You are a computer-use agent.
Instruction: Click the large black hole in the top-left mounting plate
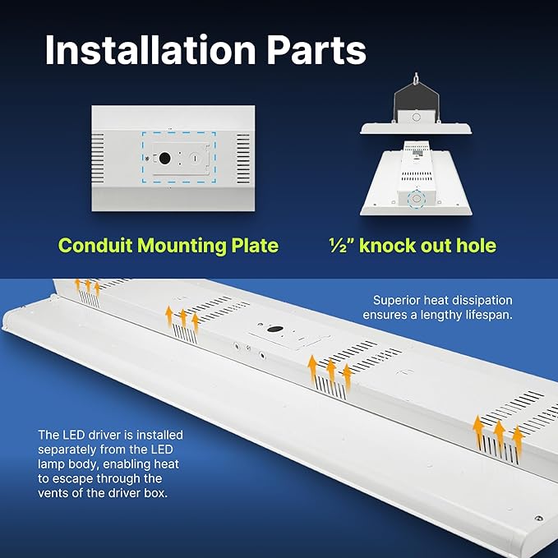pyautogui.click(x=164, y=158)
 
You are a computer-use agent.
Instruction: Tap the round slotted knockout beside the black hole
pyautogui.click(x=195, y=157)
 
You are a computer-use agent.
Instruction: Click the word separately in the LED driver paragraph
pyautogui.click(x=67, y=449)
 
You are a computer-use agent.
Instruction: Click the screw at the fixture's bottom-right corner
pyautogui.click(x=537, y=518)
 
